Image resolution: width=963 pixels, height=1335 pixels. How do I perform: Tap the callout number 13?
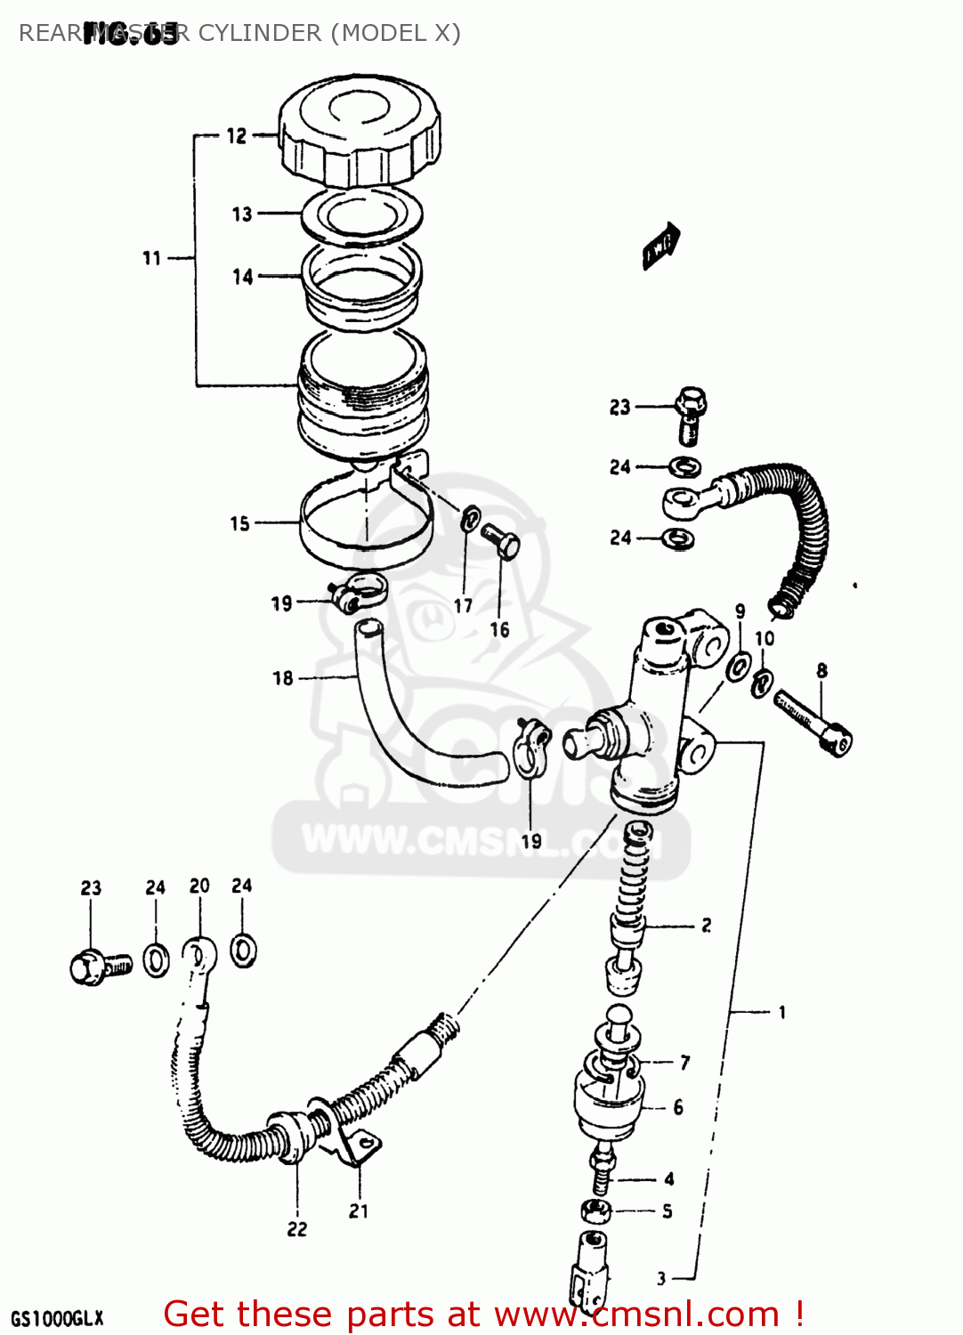242,214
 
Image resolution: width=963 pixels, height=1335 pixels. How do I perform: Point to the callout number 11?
152,258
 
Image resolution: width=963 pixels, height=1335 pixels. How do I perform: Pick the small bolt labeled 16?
501,540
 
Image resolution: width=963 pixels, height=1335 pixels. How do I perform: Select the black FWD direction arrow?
660,245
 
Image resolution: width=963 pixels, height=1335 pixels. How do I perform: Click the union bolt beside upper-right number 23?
691,413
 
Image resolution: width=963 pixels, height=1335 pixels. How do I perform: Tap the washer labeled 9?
738,666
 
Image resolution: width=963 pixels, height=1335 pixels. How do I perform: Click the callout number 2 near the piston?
706,926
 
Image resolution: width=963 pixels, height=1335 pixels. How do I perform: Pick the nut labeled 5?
595,1210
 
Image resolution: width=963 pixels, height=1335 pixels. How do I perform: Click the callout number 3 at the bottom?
661,1278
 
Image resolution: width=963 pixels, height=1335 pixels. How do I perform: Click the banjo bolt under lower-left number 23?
98,967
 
